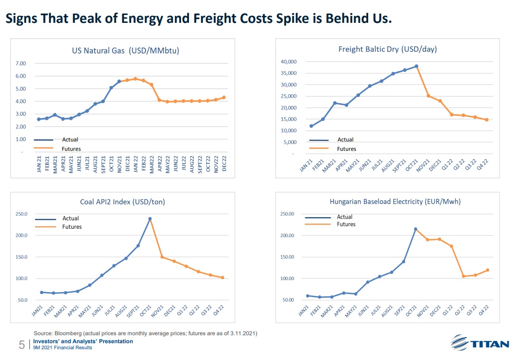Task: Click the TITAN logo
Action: [x=480, y=344]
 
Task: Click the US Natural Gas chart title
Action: [x=126, y=51]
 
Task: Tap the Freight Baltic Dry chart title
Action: [x=387, y=49]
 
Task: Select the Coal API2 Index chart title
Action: [x=123, y=202]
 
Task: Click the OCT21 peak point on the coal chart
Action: [x=150, y=219]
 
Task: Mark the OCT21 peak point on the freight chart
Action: [x=416, y=66]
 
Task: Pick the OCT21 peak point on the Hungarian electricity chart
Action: [x=415, y=229]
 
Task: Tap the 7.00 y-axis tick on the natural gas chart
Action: [x=21, y=63]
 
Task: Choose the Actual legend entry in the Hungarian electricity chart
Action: [x=345, y=217]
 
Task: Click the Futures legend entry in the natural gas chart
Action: [x=71, y=149]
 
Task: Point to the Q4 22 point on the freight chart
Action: [x=486, y=120]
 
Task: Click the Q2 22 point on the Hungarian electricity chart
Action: [x=463, y=276]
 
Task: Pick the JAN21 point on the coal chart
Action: [x=42, y=292]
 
